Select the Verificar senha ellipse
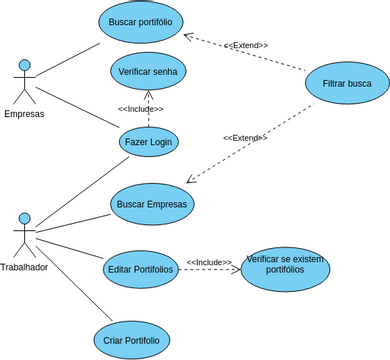(148, 72)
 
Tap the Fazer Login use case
(148, 142)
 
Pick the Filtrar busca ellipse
(347, 84)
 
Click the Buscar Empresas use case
(151, 204)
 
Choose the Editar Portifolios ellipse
(139, 269)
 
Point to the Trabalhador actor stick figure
(24, 234)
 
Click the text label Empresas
(24, 113)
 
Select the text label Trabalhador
(24, 267)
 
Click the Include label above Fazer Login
(140, 109)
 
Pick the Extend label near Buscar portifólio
(246, 46)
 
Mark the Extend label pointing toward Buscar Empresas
(245, 138)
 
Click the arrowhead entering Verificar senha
(148, 96)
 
